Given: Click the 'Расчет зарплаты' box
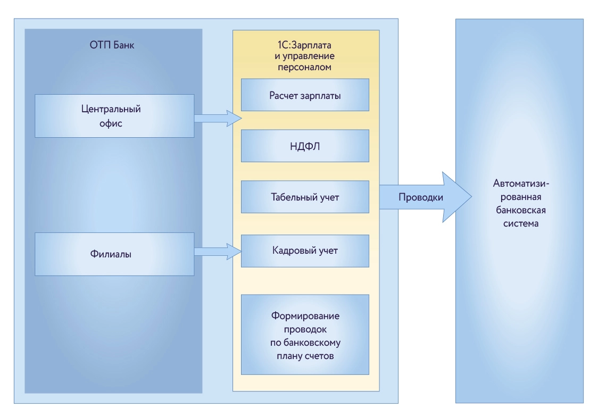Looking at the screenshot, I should (x=305, y=95).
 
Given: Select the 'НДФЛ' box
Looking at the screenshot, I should (x=305, y=146).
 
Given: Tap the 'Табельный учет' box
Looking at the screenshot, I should (x=305, y=197).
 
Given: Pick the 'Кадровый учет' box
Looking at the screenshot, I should (x=305, y=251).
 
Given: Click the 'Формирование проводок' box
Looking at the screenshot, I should (x=305, y=335).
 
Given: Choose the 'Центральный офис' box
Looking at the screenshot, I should (x=114, y=116).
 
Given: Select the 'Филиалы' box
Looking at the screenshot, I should (x=114, y=254).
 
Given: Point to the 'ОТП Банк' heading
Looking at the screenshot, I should (x=112, y=45).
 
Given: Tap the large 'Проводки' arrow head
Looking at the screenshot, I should (x=455, y=197).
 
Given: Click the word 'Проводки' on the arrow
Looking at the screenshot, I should (x=420, y=197).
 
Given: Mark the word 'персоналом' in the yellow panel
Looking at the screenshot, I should (x=305, y=68).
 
